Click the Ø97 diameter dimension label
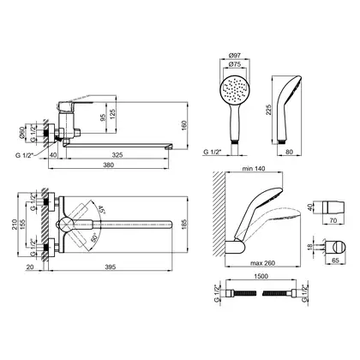coord(234,55)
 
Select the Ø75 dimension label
coord(234,64)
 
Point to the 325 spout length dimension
coord(117,155)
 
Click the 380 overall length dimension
coord(109,165)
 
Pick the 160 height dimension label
coord(184,125)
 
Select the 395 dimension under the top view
coord(111,267)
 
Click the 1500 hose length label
coord(261,276)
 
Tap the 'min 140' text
coord(254,169)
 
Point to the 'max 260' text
coord(262,263)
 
